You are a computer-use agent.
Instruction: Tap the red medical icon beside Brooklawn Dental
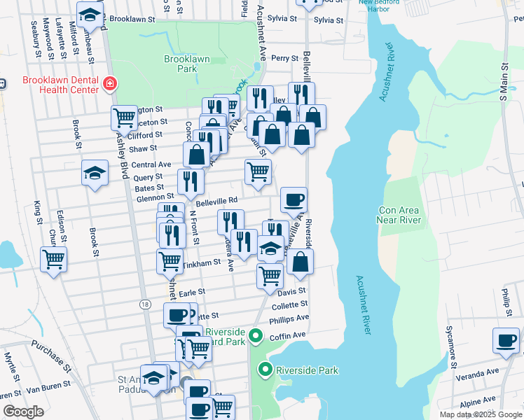coord(109,85)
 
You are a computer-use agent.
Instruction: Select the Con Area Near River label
coord(399,215)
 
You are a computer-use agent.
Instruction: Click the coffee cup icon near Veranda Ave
coord(506,340)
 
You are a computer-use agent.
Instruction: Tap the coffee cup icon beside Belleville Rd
coord(294,199)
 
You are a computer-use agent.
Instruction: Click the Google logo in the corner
coord(24,412)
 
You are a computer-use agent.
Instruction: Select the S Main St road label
coord(503,83)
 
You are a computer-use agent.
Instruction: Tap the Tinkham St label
coord(202,264)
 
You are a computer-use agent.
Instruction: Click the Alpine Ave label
coord(478,402)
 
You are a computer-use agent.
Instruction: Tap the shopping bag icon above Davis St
coord(300,262)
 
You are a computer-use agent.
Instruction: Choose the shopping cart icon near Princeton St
coord(124,118)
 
